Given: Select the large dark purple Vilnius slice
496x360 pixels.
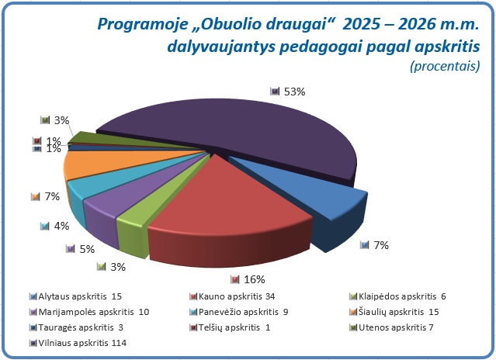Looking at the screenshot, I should [x=233, y=140].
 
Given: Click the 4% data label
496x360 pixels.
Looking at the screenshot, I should [x=56, y=226].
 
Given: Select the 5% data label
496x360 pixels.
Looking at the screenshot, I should [x=85, y=249].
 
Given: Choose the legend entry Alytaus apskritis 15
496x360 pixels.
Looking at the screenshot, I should [x=79, y=296].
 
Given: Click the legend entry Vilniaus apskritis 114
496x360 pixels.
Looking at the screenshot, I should [x=82, y=343].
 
